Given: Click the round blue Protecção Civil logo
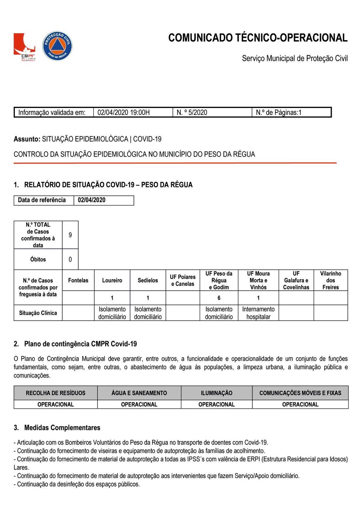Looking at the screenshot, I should coord(57,46).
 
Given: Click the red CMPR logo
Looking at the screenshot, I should coord(24,47).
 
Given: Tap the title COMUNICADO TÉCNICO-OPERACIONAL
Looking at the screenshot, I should coord(258,38).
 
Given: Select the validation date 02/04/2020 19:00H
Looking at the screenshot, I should coord(124,112).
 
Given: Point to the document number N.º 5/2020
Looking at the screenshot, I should coord(192,112).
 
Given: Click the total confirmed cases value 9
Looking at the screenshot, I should coord(70,235).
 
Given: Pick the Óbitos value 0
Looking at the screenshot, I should coord(70,260).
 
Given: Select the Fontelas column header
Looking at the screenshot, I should coord(78,280).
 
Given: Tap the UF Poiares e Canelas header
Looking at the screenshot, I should coord(183,280).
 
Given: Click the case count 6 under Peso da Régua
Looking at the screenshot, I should coord(219,298).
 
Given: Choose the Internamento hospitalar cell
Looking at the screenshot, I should coord(258,313).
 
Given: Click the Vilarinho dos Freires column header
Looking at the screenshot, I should coord(331,280).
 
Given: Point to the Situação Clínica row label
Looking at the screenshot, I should coord(38,313).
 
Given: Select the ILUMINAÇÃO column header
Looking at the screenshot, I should coord(217,393).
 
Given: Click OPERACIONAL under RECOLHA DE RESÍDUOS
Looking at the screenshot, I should coord(56,404).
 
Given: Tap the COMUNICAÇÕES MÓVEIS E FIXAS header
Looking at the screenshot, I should coord(300,393).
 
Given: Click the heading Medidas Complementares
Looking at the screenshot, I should coord(62,428).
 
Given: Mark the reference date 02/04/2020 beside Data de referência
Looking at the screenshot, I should coord(92,200).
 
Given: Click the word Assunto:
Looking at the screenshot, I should coord(27,139).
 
